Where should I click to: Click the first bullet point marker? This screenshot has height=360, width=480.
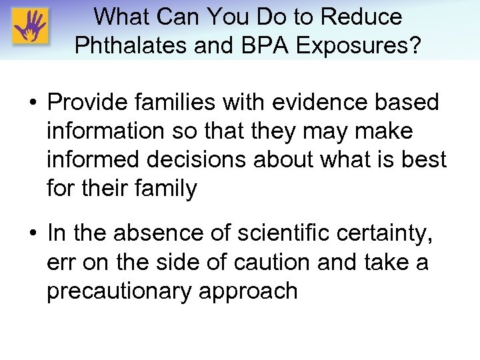pyautogui.click(x=32, y=103)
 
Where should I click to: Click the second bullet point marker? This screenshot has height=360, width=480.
pyautogui.click(x=32, y=234)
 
